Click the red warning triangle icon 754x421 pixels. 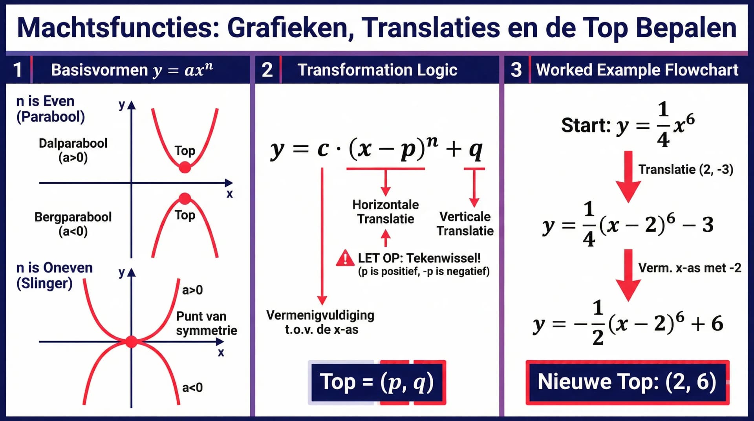tap(345, 258)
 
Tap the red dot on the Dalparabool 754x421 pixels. tap(185, 168)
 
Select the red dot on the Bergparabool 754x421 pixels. tap(185, 198)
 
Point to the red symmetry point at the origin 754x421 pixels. tap(132, 342)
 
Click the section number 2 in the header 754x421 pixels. tap(267, 70)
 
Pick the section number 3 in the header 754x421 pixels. tap(516, 70)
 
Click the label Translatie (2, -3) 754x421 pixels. tap(686, 169)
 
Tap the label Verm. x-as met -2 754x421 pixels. tap(690, 268)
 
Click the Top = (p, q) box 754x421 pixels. tap(377, 382)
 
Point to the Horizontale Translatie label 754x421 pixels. tap(385, 212)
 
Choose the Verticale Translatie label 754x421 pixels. tap(465, 223)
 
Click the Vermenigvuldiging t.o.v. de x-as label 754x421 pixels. tap(320, 322)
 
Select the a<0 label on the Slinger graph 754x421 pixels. tap(192, 388)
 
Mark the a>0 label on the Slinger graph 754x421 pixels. tap(192, 290)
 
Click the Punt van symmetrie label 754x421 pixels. tap(207, 323)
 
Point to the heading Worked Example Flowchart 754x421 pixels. tap(637, 70)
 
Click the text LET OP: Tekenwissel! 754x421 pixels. tap(419, 258)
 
